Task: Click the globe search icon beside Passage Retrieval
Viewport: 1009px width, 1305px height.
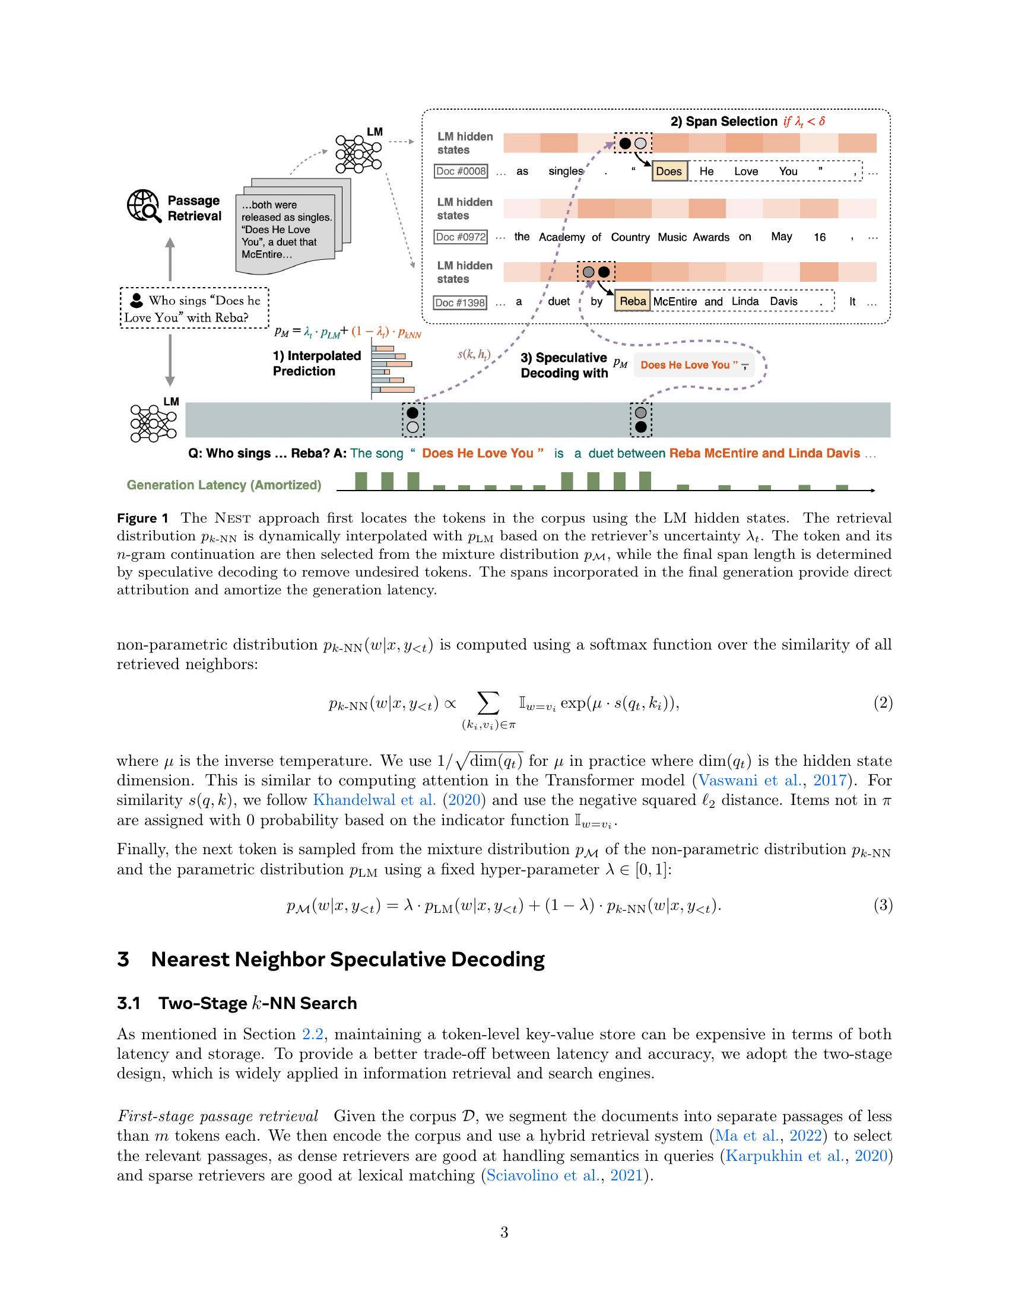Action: tap(144, 207)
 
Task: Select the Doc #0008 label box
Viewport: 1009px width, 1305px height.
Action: tap(461, 171)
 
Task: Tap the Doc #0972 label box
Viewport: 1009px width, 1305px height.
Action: tap(461, 237)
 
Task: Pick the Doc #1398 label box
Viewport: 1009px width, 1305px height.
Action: tap(461, 303)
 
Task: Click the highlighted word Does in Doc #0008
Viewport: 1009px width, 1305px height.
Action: tap(669, 171)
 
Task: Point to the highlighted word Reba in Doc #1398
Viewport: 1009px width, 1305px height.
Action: tap(633, 301)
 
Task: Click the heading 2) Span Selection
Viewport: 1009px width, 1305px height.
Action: tap(724, 122)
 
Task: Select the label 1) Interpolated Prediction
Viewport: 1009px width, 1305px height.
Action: tap(317, 363)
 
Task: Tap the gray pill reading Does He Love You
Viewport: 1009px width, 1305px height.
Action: tap(693, 365)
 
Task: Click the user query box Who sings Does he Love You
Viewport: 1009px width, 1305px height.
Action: tap(194, 309)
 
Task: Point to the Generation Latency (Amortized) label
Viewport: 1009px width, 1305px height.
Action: tap(224, 485)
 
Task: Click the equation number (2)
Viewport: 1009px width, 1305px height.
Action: tap(883, 703)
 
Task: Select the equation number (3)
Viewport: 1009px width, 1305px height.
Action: tap(883, 905)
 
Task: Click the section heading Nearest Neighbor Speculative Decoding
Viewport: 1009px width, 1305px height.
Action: tap(347, 960)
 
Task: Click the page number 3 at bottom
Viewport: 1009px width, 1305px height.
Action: tap(504, 1232)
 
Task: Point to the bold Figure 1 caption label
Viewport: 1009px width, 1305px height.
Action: tap(143, 518)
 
